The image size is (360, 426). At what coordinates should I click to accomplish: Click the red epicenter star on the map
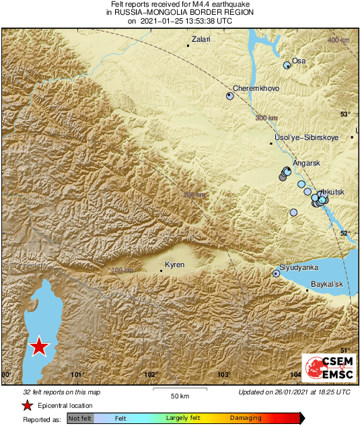pos(40,347)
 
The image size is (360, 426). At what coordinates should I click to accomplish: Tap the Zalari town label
pos(201,40)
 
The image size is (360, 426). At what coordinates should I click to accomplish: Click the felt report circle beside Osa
pos(287,65)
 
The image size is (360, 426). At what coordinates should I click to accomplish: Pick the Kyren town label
pos(175,265)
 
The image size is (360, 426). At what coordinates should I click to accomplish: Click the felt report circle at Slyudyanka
pos(276,273)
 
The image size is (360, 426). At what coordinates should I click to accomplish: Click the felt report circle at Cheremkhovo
pos(229,96)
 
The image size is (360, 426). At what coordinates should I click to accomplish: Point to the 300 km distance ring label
pos(267,118)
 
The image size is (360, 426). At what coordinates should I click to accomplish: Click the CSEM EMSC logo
pos(325,368)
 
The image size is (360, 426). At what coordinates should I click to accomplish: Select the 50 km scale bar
pos(178,390)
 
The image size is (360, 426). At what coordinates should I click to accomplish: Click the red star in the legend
pos(27,405)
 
